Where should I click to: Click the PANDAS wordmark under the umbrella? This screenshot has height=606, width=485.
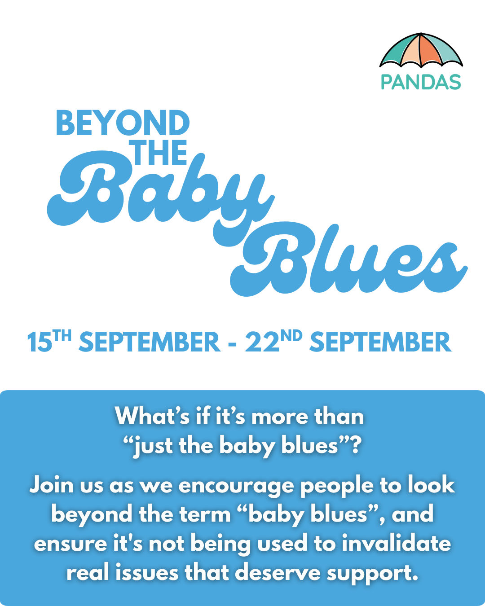(421, 82)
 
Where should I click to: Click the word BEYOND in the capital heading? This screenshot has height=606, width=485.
(123, 123)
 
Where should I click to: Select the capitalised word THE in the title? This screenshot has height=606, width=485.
(159, 153)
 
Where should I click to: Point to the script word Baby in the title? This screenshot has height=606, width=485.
(161, 192)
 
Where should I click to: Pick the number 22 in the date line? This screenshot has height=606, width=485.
(262, 343)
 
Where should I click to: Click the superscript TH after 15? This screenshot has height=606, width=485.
(62, 336)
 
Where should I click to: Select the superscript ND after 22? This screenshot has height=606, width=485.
(291, 336)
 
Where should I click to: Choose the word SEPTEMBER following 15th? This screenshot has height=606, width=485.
(150, 342)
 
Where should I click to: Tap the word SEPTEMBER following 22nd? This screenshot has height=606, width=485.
(380, 342)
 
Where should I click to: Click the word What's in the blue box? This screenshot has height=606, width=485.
(152, 417)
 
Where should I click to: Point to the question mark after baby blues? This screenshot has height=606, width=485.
(356, 445)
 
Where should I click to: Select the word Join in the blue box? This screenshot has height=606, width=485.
(52, 485)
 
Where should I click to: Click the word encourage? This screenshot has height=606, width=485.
(237, 487)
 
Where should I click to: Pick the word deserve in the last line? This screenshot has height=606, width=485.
(278, 573)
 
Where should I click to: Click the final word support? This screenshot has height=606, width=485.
(372, 575)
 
